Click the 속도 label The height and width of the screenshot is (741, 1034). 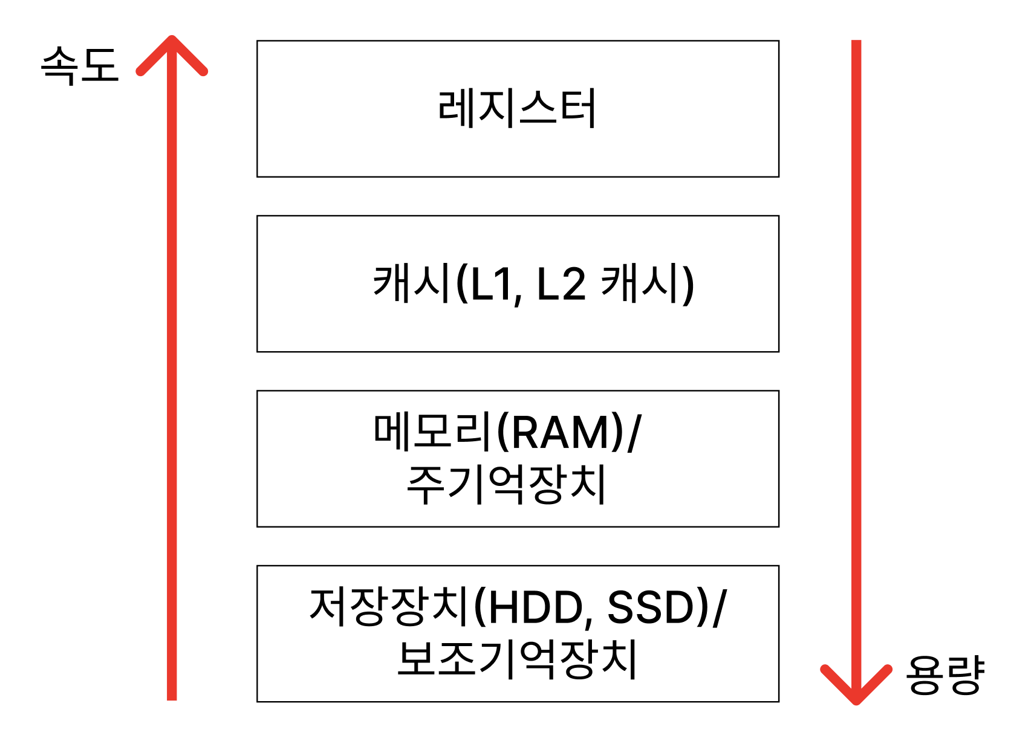(79, 65)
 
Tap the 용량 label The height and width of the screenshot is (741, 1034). (945, 675)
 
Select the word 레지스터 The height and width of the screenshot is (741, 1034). (518, 109)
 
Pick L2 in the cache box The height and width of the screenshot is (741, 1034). (561, 284)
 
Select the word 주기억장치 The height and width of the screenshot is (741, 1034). (507, 485)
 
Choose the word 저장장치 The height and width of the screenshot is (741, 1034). (389, 607)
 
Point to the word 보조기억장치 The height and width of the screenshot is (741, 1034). (518, 659)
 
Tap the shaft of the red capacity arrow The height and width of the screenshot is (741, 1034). (856, 363)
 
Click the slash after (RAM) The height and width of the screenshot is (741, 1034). (634, 433)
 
